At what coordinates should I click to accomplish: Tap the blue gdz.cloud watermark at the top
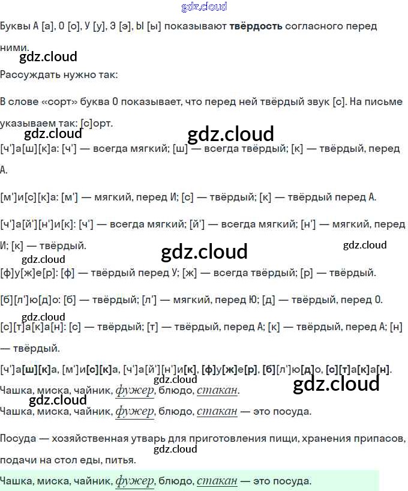[204, 7]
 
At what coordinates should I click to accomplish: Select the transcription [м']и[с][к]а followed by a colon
[29, 197]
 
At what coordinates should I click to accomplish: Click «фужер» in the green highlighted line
[134, 481]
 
